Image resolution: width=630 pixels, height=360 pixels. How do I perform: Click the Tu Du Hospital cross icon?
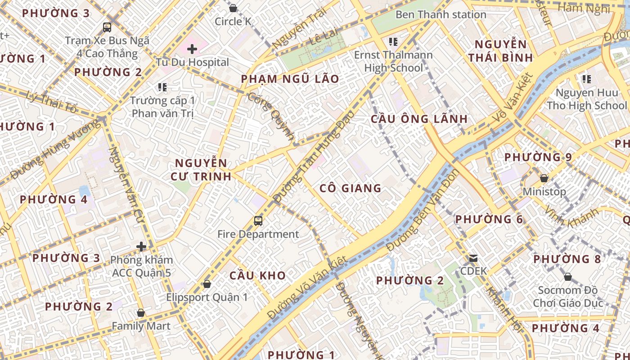(x=192, y=49)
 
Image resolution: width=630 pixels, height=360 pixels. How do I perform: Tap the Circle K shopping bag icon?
(x=233, y=8)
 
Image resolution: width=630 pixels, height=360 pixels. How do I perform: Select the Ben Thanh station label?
(x=441, y=14)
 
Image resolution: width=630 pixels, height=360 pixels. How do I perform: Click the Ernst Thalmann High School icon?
(x=393, y=42)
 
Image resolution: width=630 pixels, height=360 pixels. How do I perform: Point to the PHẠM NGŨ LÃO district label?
(x=290, y=79)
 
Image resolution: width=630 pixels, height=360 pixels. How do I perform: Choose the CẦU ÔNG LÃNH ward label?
(x=419, y=119)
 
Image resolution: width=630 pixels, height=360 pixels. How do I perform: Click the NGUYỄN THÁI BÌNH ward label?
(x=500, y=51)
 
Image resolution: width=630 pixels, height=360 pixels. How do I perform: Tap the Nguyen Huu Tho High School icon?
(x=586, y=79)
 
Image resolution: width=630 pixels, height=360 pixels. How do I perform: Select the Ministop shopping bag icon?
(x=544, y=178)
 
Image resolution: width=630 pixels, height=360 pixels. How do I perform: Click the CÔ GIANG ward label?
(x=350, y=188)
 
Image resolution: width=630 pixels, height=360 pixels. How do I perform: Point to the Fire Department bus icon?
(x=258, y=220)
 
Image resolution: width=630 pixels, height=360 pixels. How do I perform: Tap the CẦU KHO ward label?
(x=257, y=275)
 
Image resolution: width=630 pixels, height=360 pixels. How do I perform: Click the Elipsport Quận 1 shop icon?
(x=207, y=284)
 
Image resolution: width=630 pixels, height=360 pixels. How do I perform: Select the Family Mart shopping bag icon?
(x=141, y=313)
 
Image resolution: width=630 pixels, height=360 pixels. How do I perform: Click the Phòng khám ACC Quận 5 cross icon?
(x=141, y=247)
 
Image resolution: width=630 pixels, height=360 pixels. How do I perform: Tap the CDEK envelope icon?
(x=473, y=258)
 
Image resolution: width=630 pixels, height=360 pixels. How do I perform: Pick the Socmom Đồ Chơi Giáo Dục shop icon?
(x=567, y=277)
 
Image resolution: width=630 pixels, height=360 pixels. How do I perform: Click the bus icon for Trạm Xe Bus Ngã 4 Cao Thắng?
(x=107, y=27)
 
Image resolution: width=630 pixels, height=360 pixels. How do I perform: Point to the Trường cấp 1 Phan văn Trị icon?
(x=162, y=87)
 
